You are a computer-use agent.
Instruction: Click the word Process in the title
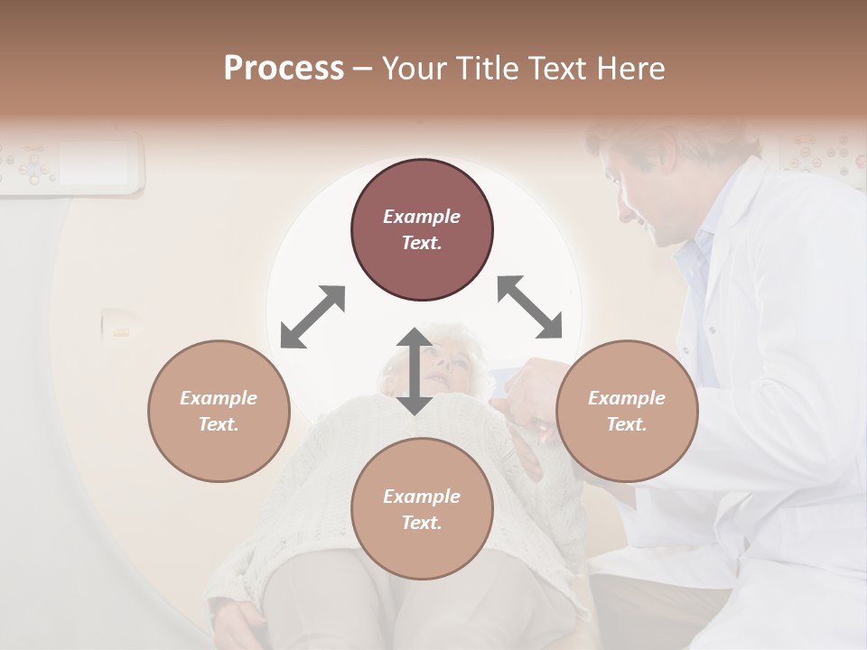pos(284,69)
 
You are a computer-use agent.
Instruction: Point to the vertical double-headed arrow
pos(415,371)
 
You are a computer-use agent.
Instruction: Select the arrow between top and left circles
pos(312,316)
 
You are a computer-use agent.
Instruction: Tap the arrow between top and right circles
pos(529,307)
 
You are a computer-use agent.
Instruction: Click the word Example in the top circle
pos(422,217)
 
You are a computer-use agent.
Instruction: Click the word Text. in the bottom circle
pos(422,523)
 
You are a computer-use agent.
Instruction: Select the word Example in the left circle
pos(219,398)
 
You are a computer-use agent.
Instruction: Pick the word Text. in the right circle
pos(627,424)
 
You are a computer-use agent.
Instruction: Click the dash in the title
pos(362,69)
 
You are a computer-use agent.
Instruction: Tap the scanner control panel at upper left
pos(72,162)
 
